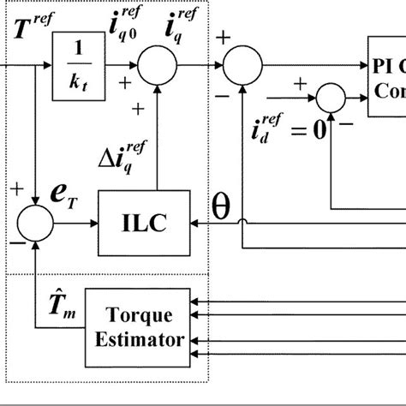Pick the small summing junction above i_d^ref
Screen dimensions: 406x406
(330, 99)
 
